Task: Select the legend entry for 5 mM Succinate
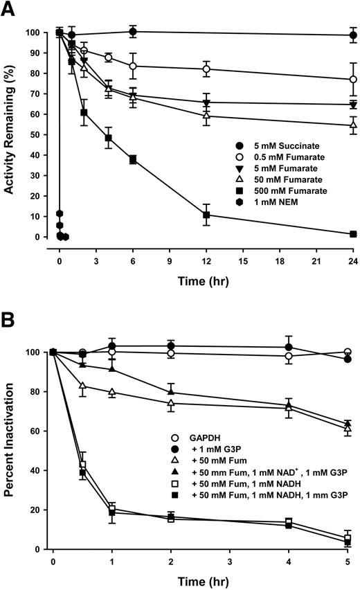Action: tap(269, 147)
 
